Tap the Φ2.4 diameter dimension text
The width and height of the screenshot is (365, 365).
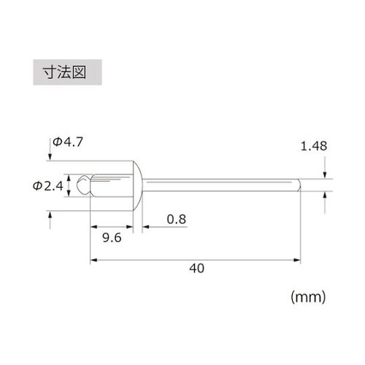point(49,186)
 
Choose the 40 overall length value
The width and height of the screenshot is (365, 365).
point(195,268)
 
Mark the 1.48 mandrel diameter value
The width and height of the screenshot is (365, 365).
point(312,146)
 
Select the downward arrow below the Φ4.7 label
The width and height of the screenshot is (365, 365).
point(50,157)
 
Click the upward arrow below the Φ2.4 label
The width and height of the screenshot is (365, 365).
point(50,218)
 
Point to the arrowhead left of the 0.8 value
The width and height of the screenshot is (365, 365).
point(146,227)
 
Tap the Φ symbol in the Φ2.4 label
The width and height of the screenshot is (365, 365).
point(37,186)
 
